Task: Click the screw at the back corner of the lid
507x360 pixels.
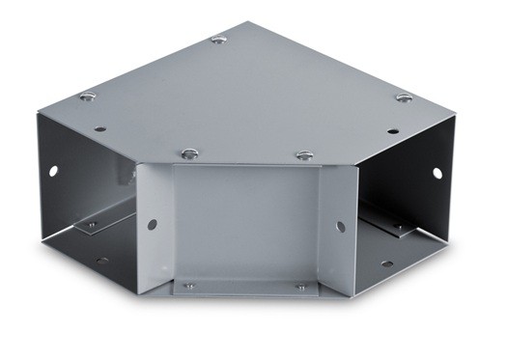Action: point(219,40)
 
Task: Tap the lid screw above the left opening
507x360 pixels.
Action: point(88,96)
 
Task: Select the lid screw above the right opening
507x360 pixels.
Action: point(404,97)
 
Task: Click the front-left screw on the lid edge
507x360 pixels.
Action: point(190,153)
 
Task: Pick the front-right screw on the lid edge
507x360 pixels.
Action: point(304,154)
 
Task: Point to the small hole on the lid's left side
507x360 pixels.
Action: point(99,127)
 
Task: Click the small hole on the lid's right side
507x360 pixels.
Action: point(392,131)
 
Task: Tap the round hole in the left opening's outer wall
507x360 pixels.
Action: point(53,171)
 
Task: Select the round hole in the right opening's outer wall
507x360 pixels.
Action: point(437,174)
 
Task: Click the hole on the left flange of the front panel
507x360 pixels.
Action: point(153,224)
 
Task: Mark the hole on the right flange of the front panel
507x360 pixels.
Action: point(340,227)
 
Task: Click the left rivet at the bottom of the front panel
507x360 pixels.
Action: point(188,286)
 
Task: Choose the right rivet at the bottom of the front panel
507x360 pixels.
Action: point(300,287)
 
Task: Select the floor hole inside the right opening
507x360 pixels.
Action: point(386,263)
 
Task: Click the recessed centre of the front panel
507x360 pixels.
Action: point(245,227)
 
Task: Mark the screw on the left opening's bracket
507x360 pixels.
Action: point(92,225)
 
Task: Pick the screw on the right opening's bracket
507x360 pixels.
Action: point(397,229)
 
